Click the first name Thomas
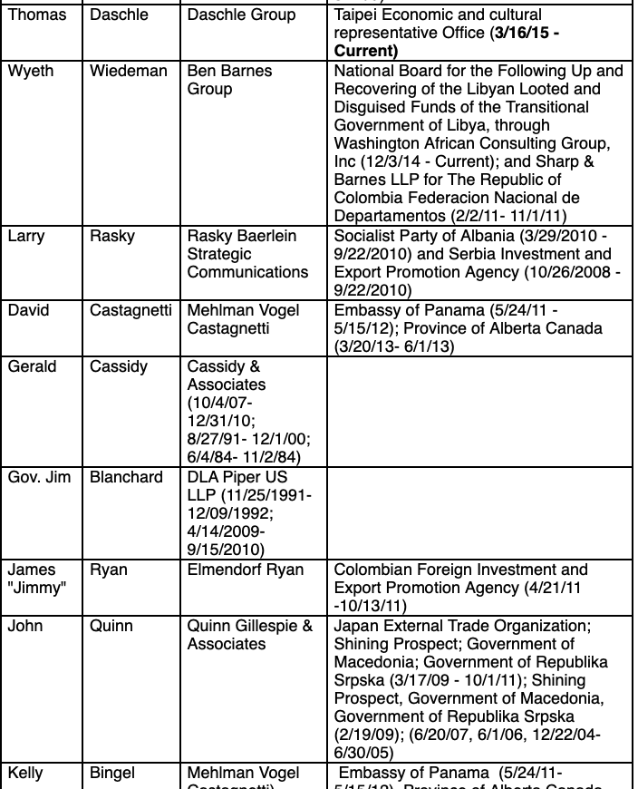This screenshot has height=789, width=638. pos(37,15)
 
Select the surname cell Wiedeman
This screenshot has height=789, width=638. pos(129,71)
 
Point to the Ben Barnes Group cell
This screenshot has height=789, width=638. pos(229,80)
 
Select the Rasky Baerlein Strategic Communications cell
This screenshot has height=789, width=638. pos(247,254)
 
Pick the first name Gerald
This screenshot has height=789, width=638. pos(33,366)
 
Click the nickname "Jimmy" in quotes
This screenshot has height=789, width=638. pos(35,588)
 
